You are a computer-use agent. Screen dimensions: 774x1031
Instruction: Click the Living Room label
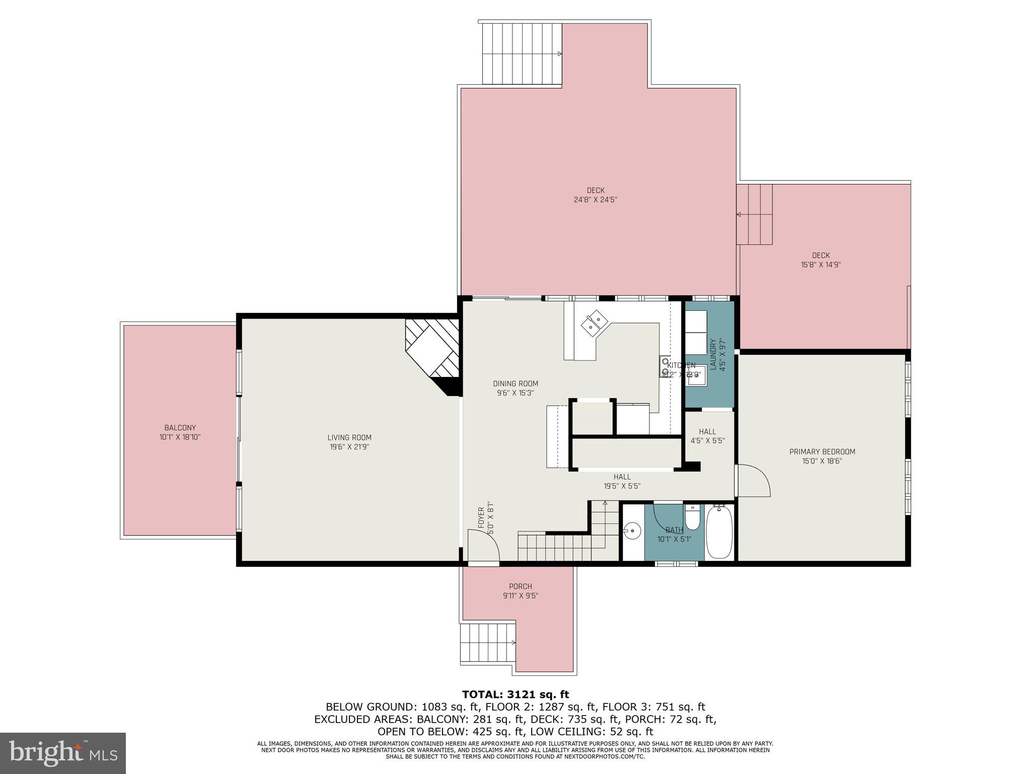[349, 437]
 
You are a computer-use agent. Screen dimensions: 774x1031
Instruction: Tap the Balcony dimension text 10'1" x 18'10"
[180, 437]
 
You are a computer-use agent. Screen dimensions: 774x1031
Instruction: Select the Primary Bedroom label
[822, 451]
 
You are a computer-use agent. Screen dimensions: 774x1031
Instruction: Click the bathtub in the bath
[719, 533]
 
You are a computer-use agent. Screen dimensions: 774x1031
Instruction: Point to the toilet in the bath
[692, 519]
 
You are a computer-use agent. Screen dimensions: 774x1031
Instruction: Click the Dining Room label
[515, 383]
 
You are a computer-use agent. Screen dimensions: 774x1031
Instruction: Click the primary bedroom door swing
[753, 481]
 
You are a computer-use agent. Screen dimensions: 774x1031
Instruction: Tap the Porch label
[520, 586]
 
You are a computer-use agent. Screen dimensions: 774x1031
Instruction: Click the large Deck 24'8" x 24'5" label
[595, 195]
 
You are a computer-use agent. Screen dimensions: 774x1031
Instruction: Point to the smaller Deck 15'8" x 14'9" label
[821, 260]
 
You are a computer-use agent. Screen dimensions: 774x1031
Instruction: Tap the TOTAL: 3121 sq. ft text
[515, 694]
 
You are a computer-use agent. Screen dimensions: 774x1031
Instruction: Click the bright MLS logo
[63, 753]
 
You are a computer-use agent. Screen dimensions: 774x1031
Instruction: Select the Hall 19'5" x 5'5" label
[622, 481]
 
